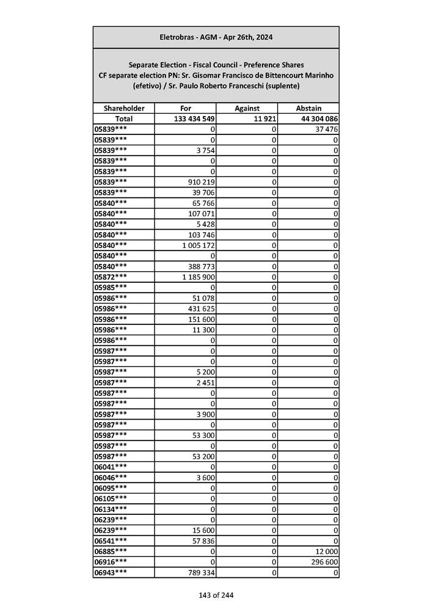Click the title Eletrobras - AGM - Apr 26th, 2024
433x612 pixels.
216,37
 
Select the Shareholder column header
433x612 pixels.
124,108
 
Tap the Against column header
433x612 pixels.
247,108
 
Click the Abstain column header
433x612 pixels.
308,108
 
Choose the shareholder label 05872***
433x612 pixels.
111,277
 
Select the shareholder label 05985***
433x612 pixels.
111,287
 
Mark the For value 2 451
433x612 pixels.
205,382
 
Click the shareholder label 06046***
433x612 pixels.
111,477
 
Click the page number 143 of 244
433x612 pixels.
216,595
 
